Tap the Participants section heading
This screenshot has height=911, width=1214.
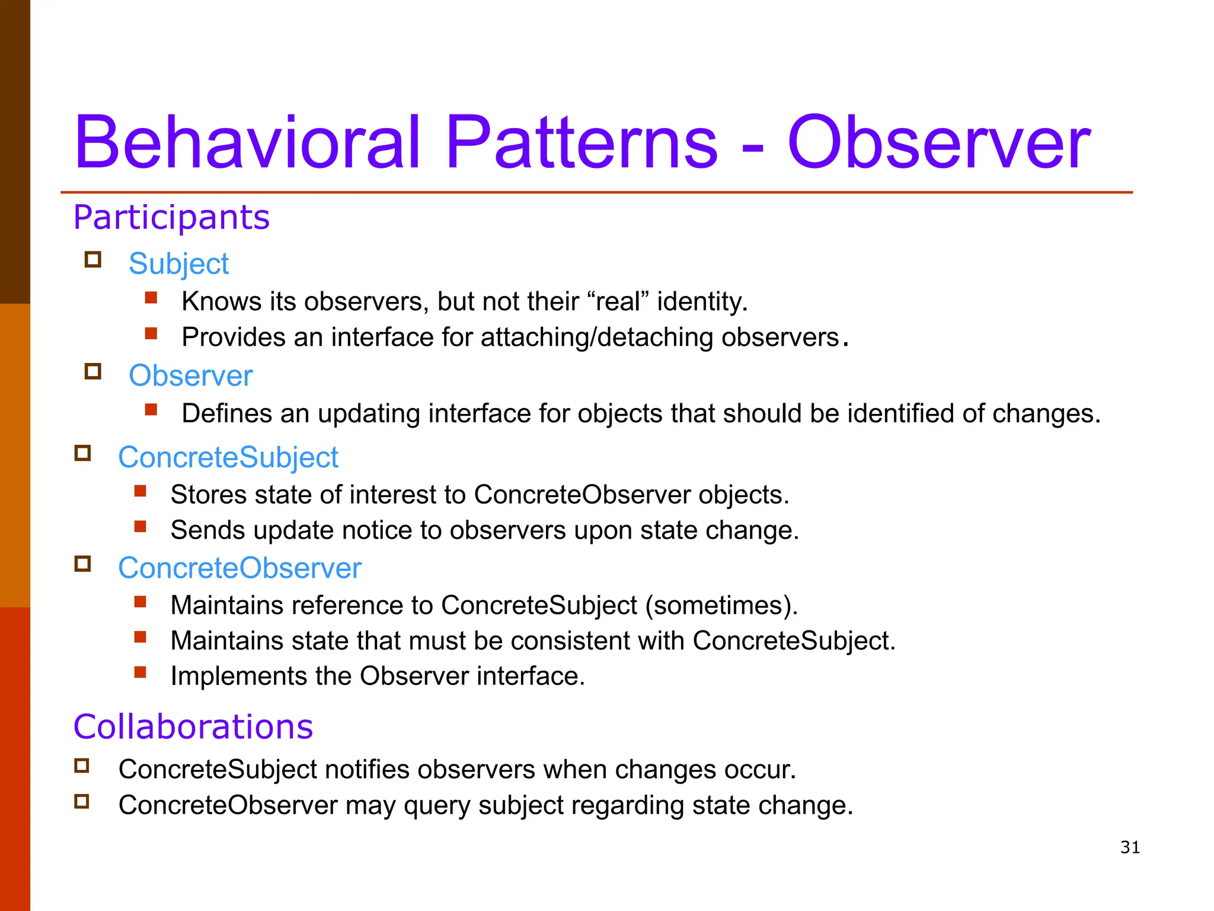171,217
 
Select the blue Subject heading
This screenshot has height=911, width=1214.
178,263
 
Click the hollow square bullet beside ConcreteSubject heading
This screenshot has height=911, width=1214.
82,453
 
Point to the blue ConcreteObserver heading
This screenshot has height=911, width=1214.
239,568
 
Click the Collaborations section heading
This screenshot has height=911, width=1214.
193,727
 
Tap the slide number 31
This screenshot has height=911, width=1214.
1130,848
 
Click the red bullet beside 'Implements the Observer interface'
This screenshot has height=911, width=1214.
140,672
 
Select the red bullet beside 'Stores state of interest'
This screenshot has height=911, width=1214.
140,490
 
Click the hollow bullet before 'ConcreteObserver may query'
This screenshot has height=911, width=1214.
82,801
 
